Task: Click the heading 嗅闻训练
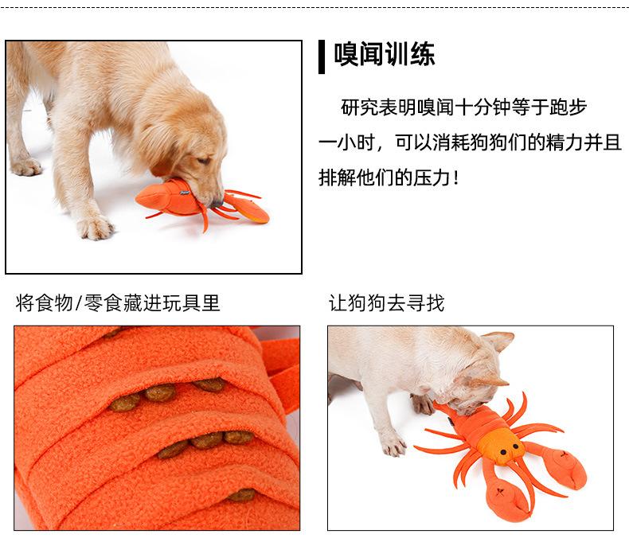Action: point(385,54)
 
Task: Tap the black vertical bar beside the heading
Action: point(322,57)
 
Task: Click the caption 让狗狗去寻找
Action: point(386,302)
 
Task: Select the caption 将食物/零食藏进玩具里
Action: point(118,302)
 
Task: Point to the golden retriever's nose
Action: point(217,203)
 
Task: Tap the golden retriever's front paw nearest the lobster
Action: point(95,228)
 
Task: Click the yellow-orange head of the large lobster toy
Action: point(502,445)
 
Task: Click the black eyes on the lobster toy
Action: point(510,449)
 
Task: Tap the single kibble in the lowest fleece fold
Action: point(241,495)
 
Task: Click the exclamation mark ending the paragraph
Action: point(455,177)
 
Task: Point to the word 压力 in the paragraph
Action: point(432,177)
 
